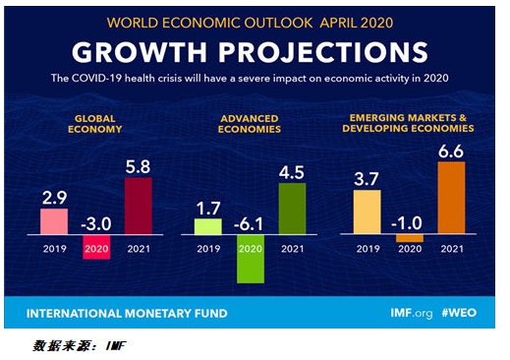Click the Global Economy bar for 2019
point(53,221)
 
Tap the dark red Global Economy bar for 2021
point(139,206)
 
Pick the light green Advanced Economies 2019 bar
point(207,226)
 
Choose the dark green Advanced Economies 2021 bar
point(293,209)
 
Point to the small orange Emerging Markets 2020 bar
point(410,238)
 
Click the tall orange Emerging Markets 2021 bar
point(452,198)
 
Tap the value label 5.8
point(139,166)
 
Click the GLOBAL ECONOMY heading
point(95,123)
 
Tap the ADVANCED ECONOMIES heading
point(251,123)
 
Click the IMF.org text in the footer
point(408,313)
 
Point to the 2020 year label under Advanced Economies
point(251,248)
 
